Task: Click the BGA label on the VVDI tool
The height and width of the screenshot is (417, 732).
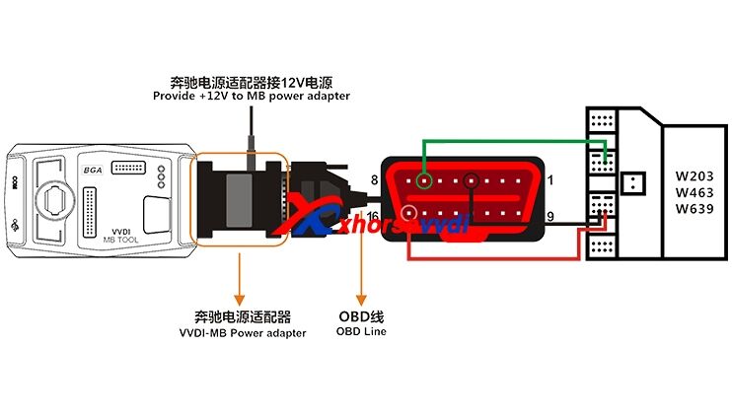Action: [x=92, y=170]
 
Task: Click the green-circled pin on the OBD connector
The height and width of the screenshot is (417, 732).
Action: [x=424, y=180]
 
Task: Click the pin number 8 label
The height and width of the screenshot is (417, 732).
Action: [x=374, y=179]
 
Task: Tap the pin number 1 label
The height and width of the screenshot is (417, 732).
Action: [x=550, y=179]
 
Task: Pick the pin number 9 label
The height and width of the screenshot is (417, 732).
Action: [x=550, y=216]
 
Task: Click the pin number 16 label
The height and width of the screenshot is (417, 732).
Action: [x=373, y=216]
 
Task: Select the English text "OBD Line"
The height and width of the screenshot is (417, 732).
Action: [x=361, y=332]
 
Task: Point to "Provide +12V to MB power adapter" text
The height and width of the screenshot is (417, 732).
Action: [x=251, y=96]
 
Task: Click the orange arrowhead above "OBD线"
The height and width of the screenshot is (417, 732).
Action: [x=361, y=297]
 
